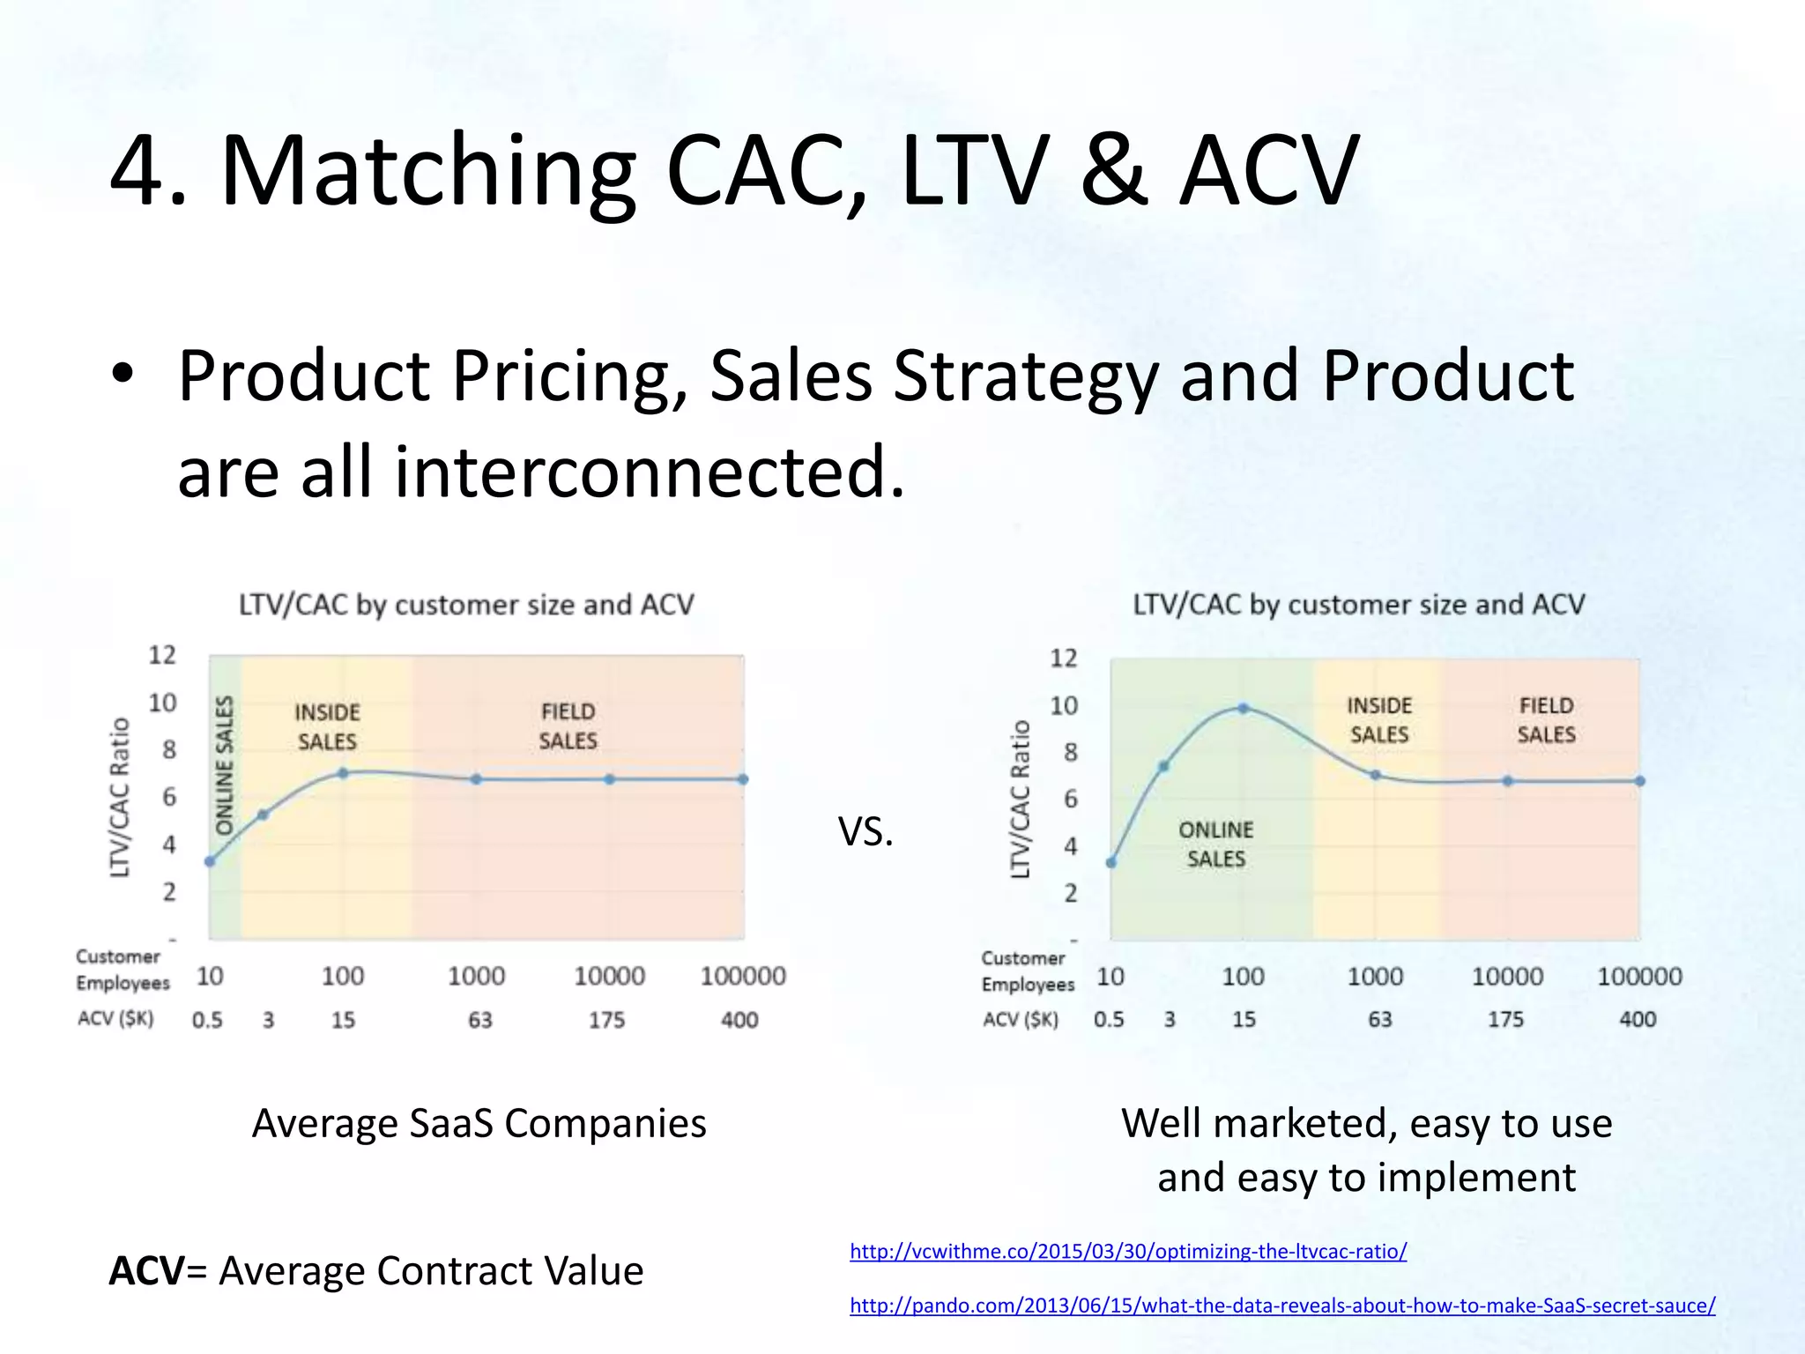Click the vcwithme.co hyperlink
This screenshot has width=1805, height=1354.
(x=1128, y=1251)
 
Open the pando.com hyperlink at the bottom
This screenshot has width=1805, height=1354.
(x=1281, y=1306)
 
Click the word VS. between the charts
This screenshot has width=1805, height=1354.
(x=865, y=831)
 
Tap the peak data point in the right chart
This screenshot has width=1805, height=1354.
(x=1244, y=708)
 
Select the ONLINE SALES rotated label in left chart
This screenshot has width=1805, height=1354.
(x=225, y=765)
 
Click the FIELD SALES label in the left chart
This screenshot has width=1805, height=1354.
(x=568, y=725)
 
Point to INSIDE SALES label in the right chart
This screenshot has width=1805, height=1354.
(x=1379, y=719)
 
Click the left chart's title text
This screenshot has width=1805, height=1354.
(x=466, y=605)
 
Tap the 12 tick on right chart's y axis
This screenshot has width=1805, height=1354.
(x=1064, y=658)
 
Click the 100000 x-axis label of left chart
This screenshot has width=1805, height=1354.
(x=743, y=976)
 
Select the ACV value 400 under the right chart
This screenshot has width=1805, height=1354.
(x=1637, y=1019)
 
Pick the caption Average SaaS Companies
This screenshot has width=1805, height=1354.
(x=479, y=1123)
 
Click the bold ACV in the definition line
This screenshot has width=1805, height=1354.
(x=146, y=1271)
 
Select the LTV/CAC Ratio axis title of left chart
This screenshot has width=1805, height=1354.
(x=120, y=797)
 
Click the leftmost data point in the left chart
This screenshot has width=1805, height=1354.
(x=210, y=861)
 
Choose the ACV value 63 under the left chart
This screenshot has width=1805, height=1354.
(x=479, y=1020)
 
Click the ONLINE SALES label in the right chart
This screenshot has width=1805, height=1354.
(x=1215, y=844)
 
